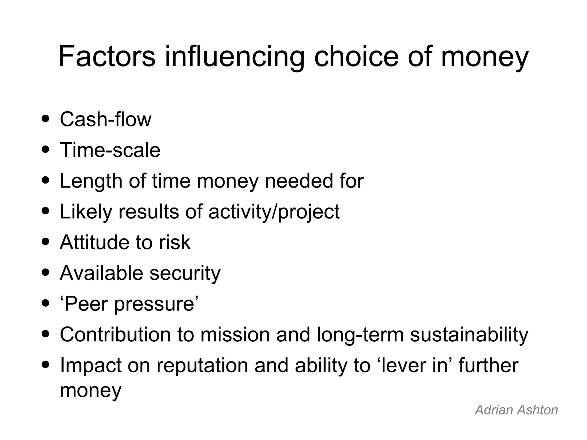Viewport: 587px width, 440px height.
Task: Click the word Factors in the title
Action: (107, 56)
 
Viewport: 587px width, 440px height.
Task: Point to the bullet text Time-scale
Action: (110, 150)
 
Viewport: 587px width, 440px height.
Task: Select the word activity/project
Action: (274, 212)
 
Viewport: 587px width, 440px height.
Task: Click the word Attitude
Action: (94, 243)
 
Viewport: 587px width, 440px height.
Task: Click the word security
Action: (185, 273)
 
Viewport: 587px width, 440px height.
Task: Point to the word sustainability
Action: (469, 335)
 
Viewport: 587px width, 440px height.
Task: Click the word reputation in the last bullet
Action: (202, 366)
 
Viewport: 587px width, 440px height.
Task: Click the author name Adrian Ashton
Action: (516, 410)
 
